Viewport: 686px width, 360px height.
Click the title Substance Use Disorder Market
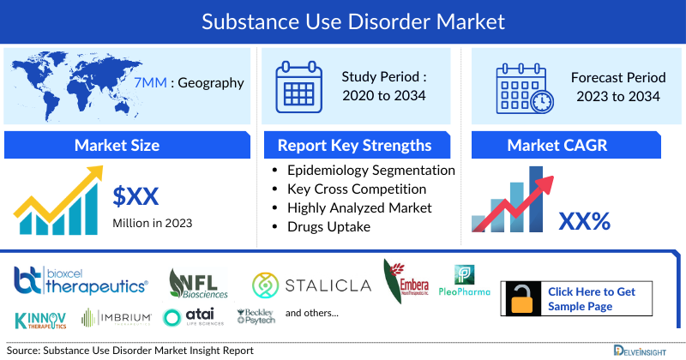tap(343, 19)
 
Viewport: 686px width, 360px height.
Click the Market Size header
tap(117, 145)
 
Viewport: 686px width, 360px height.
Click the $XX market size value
tap(136, 196)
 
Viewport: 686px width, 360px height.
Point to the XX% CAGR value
tap(584, 221)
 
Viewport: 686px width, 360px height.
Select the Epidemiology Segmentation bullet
tap(370, 171)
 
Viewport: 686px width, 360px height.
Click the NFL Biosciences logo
tap(200, 282)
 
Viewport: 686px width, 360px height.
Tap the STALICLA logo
tap(310, 283)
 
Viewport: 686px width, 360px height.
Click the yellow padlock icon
tap(521, 299)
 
